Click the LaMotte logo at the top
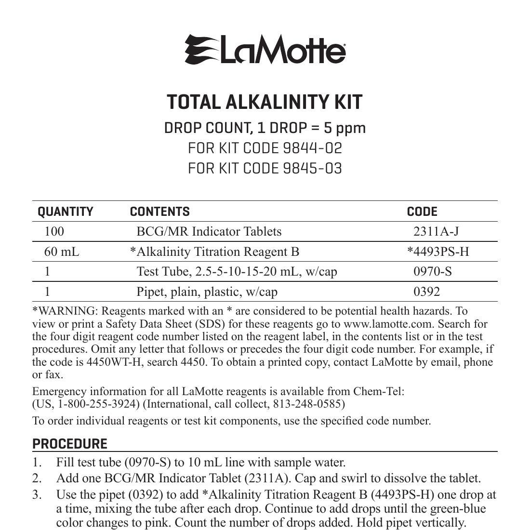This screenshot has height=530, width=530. pos(265,50)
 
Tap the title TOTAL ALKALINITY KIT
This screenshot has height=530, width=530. pos(265,102)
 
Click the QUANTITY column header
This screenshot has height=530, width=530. pos(66,212)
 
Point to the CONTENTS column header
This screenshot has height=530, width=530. pos(159,212)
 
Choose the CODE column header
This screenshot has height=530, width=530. pos(422,212)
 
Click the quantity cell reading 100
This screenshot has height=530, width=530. pos(54,232)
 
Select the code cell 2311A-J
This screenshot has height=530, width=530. pos(436,232)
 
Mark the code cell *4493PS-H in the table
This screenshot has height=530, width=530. pos(437,252)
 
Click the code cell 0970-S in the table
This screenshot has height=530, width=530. pos(433,272)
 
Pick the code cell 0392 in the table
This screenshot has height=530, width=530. pos(426,291)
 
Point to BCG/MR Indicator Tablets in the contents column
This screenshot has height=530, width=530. pos(209,232)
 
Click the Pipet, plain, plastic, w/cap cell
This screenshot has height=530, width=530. pos(207,291)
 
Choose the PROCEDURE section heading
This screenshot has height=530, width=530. pos(70,444)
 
